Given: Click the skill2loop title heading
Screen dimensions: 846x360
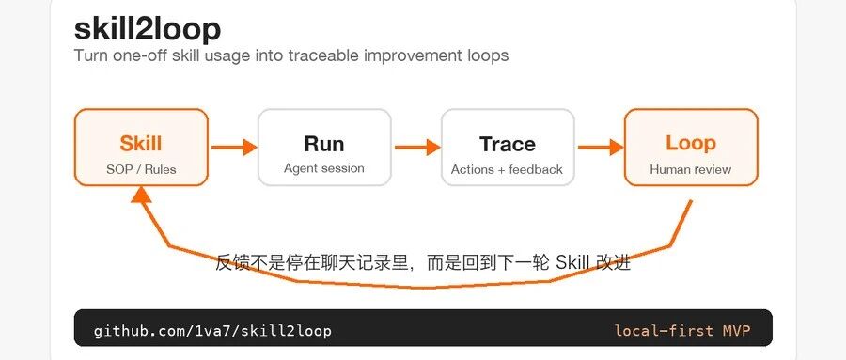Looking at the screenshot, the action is click(148, 29).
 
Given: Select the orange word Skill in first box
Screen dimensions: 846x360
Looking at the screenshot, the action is click(141, 144).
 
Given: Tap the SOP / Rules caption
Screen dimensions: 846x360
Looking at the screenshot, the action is click(141, 169).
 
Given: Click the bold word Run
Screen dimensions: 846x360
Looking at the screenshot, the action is click(324, 144).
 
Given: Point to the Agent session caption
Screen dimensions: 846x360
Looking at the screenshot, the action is click(324, 168).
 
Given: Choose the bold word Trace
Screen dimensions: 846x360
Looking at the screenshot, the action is click(508, 144).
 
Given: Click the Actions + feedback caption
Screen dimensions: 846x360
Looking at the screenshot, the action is click(508, 169).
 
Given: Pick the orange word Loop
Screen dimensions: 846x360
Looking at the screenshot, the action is click(691, 143).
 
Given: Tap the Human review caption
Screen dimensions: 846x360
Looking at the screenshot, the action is click(691, 169).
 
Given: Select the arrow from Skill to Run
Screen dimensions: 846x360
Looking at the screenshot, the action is click(234, 147).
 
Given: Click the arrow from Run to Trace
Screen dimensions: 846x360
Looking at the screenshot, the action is click(417, 147).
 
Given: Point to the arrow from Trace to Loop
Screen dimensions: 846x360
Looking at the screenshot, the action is click(601, 147).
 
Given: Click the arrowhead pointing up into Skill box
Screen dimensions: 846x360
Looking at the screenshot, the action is click(141, 194).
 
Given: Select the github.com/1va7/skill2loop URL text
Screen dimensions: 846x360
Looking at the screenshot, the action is click(212, 330).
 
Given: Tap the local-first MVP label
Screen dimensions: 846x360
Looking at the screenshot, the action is click(682, 330).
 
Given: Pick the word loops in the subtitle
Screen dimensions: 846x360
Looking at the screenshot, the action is click(486, 56).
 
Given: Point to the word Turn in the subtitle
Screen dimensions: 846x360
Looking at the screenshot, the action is click(91, 55).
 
